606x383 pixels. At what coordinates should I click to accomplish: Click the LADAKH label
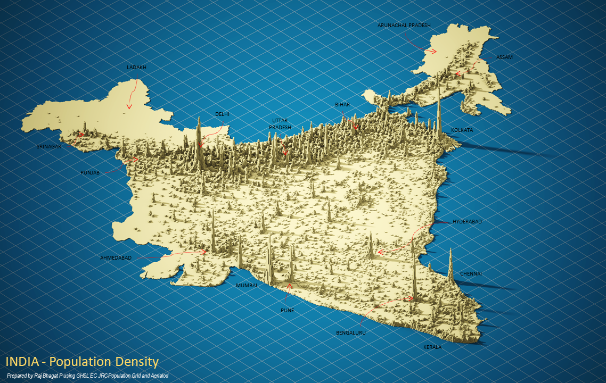pyautogui.click(x=136, y=68)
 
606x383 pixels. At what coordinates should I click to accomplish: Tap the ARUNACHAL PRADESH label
pyautogui.click(x=404, y=25)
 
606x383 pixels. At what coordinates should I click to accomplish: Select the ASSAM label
pyautogui.click(x=504, y=57)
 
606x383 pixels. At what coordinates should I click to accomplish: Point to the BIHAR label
pyautogui.click(x=342, y=105)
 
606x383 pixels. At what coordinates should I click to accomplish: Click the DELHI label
pyautogui.click(x=223, y=114)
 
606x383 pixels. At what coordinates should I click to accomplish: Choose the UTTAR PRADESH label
pyautogui.click(x=280, y=124)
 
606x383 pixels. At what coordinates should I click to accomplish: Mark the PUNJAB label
pyautogui.click(x=90, y=173)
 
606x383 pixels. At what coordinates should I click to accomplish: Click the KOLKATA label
pyautogui.click(x=462, y=130)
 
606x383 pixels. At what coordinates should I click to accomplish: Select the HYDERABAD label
pyautogui.click(x=467, y=221)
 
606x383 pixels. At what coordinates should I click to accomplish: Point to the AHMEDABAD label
pyautogui.click(x=116, y=258)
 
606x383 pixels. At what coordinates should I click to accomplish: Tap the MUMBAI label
pyautogui.click(x=247, y=286)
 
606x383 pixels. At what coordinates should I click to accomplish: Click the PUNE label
pyautogui.click(x=288, y=310)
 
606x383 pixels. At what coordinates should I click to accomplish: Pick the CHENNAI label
pyautogui.click(x=471, y=273)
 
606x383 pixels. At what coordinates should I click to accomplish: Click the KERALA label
pyautogui.click(x=432, y=347)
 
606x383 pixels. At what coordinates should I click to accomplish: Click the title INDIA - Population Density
pyautogui.click(x=83, y=362)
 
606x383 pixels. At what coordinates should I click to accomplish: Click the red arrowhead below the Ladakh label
pyautogui.click(x=129, y=106)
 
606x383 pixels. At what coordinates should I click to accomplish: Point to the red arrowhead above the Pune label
pyautogui.click(x=290, y=286)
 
